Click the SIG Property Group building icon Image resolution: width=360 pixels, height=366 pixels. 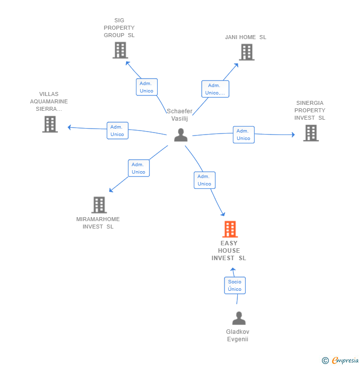120,50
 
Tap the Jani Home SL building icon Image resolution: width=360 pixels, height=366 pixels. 247,52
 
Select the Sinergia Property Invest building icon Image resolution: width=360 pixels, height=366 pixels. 311,133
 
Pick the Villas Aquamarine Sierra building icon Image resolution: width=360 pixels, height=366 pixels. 50,124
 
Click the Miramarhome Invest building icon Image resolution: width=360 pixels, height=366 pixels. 99,205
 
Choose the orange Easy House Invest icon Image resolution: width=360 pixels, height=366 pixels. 229,229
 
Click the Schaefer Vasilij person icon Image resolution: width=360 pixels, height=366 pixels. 180,135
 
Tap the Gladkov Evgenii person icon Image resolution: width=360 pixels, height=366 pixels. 239,319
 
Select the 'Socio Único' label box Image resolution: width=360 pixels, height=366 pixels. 235,285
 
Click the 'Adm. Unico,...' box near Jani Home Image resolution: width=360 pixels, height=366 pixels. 215,89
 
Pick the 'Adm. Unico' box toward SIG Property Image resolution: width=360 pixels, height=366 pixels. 146,87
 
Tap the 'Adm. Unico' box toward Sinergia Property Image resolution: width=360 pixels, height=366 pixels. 243,135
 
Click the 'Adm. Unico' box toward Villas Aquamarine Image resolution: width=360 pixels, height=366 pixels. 117,131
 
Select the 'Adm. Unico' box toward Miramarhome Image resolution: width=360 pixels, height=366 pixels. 138,168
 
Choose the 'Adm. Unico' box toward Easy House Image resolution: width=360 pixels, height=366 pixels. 204,180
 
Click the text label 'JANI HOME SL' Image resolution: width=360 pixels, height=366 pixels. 245,38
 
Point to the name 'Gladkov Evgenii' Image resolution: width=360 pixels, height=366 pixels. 237,335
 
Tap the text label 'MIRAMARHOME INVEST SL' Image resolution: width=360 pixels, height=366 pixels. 98,223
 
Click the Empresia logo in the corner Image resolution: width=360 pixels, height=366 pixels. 341,361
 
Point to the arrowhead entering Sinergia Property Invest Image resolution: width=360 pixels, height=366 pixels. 293,135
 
